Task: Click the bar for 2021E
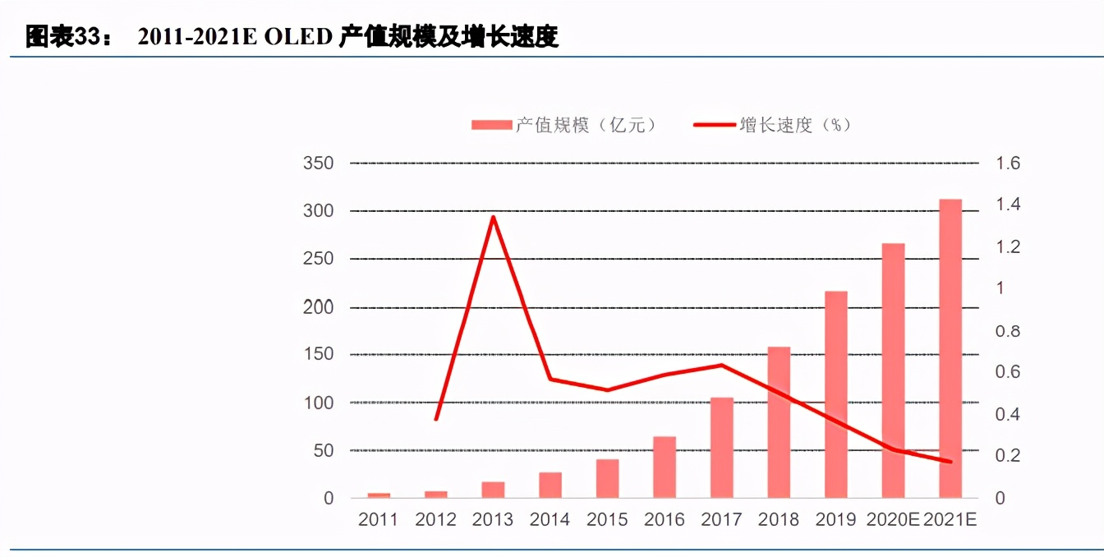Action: (950, 348)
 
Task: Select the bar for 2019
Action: (836, 394)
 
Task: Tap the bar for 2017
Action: (722, 448)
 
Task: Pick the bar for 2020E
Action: (893, 371)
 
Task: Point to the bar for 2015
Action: (608, 478)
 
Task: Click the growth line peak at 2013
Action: (493, 217)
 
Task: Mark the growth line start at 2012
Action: (436, 419)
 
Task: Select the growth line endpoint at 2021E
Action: (950, 462)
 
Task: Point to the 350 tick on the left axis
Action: (319, 163)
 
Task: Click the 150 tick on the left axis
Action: (319, 355)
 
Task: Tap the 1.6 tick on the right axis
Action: (1008, 163)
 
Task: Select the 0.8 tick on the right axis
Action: (1008, 331)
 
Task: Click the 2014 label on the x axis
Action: (550, 520)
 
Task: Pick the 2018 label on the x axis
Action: (779, 520)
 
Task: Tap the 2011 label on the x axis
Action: (379, 520)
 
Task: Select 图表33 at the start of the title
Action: (62, 38)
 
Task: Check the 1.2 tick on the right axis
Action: (1008, 247)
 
